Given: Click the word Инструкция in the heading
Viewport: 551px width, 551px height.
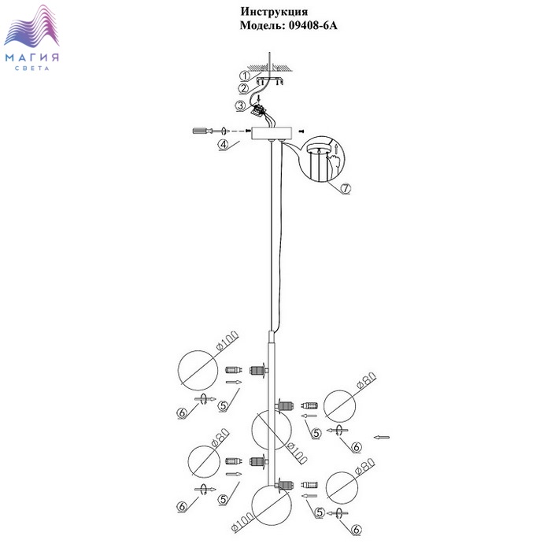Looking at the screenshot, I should point(272,12).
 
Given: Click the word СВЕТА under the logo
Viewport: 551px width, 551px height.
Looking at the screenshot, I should point(32,69).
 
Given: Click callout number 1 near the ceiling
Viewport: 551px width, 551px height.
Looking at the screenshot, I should point(244,76).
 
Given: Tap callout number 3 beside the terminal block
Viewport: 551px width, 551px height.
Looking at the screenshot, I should point(239,105).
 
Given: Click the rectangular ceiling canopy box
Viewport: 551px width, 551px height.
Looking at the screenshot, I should point(272,131).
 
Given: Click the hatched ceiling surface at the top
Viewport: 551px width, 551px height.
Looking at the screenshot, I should point(272,68).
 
